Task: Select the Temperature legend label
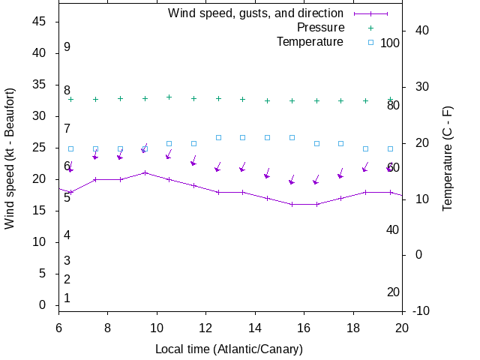(310, 41)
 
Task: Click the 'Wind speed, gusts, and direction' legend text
(256, 13)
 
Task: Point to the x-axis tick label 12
(206, 328)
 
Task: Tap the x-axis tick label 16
(304, 328)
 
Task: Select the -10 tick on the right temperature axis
(421, 310)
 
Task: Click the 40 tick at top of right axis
(421, 31)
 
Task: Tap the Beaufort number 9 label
(67, 47)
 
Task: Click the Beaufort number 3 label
(67, 261)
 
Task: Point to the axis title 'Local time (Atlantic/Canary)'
(229, 349)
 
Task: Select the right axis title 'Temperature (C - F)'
(447, 158)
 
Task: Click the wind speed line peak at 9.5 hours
(145, 172)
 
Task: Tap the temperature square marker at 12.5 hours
(218, 137)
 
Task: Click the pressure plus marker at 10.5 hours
(169, 97)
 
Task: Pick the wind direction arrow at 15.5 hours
(292, 180)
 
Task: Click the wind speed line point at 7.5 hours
(95, 179)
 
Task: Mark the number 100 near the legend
(390, 43)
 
